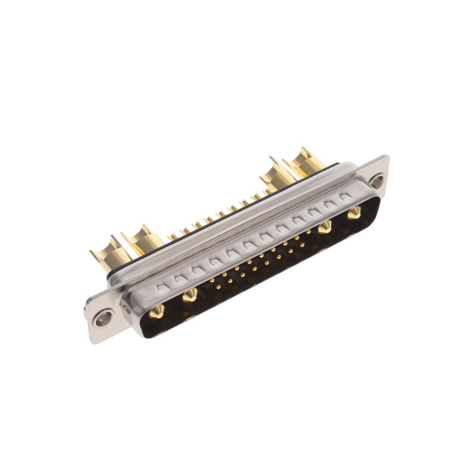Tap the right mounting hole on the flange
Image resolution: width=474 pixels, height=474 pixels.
point(376,180)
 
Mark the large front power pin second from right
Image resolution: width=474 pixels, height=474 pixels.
point(325,227)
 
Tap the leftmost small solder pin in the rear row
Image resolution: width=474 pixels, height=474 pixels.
point(173,236)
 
